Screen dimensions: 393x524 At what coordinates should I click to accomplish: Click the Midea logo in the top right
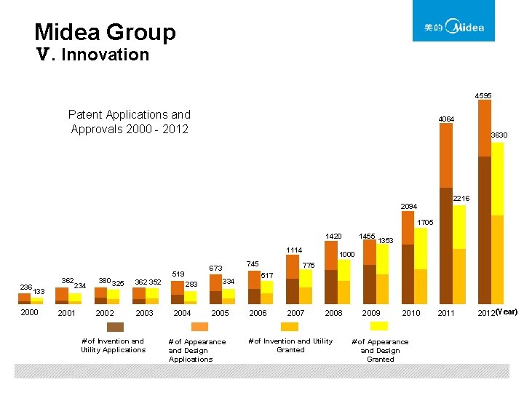click(x=453, y=22)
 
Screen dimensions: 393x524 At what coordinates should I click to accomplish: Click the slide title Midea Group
click(x=105, y=32)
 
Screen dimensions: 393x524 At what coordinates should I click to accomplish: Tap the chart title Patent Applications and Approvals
click(x=130, y=122)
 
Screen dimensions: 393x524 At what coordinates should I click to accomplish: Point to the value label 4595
click(x=483, y=95)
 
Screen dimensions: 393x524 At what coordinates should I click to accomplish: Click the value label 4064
click(x=446, y=119)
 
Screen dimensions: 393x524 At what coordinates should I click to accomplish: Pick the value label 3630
click(x=499, y=135)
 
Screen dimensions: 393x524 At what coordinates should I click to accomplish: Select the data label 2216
click(x=461, y=199)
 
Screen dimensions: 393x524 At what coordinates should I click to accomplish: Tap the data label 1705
click(x=426, y=222)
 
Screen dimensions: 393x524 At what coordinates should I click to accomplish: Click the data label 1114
click(x=293, y=250)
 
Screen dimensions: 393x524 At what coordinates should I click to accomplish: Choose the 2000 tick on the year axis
click(x=29, y=312)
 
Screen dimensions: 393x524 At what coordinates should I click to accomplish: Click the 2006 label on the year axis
click(x=258, y=313)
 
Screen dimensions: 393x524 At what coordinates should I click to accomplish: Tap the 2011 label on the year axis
click(x=445, y=313)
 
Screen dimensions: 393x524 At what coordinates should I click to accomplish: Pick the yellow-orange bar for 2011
click(x=459, y=254)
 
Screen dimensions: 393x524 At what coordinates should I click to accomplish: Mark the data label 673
click(x=215, y=269)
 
